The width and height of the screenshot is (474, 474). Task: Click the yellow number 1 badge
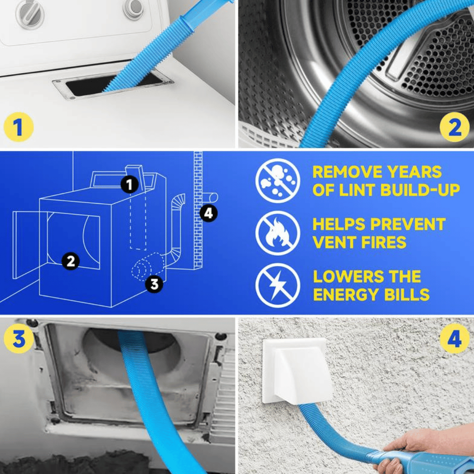18,127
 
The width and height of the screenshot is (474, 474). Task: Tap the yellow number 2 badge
455,127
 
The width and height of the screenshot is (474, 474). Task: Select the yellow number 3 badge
18,338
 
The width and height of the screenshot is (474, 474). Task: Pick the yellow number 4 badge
455,338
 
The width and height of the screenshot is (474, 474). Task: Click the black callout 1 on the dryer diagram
129,184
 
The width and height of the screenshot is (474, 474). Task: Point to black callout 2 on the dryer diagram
70,261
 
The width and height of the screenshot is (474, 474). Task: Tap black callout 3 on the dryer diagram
154,284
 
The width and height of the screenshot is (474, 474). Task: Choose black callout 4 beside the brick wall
208,213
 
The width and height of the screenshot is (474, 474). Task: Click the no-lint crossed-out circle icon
277,180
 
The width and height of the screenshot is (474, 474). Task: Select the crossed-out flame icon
277,233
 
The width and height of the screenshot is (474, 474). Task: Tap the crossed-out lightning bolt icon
277,286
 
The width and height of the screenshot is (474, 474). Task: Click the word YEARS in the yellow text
414,172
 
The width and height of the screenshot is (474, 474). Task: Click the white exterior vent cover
297,371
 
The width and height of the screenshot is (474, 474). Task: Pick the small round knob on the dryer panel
133,8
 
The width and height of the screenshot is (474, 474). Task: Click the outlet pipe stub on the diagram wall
210,197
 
